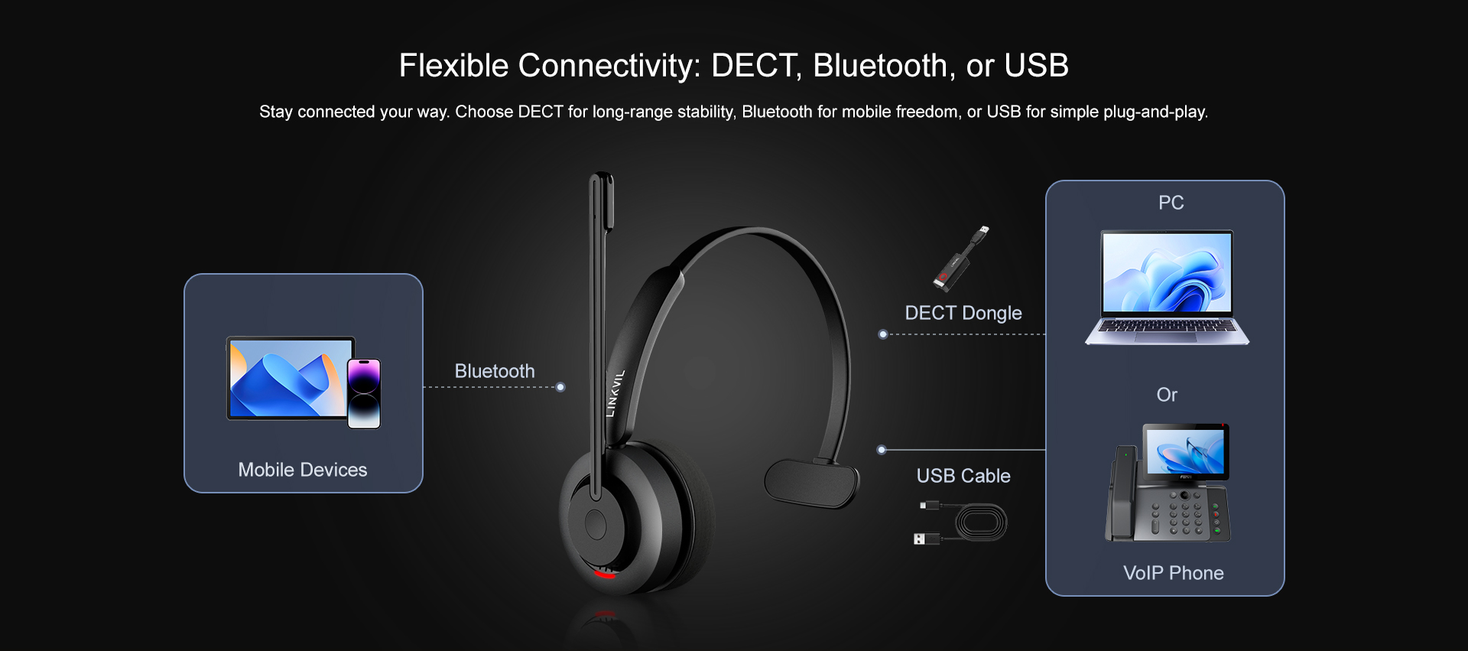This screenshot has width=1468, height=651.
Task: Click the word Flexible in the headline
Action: [x=453, y=66]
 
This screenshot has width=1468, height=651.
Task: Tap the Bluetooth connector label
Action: [x=495, y=371]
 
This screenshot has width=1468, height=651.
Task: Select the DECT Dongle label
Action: [x=963, y=313]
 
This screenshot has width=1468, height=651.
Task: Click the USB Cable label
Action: [x=963, y=476]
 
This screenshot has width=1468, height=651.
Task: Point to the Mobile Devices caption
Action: [x=303, y=470]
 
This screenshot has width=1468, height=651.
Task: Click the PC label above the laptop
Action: [x=1171, y=203]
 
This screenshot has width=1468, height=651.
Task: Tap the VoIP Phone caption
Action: [x=1173, y=573]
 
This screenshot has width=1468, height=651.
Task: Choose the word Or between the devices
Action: [x=1167, y=395]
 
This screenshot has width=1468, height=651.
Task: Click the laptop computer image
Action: [x=1167, y=288]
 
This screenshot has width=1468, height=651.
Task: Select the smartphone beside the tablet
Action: [x=364, y=393]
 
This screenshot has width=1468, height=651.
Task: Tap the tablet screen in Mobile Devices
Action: [x=289, y=379]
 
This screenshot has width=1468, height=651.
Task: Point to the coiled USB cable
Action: [x=961, y=522]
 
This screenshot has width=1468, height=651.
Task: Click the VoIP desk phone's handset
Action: [x=1123, y=493]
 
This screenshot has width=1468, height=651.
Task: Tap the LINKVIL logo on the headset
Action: [x=615, y=393]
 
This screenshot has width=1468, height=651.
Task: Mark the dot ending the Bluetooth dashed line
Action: [x=560, y=387]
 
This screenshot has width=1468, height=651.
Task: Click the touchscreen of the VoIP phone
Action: [x=1185, y=451]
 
